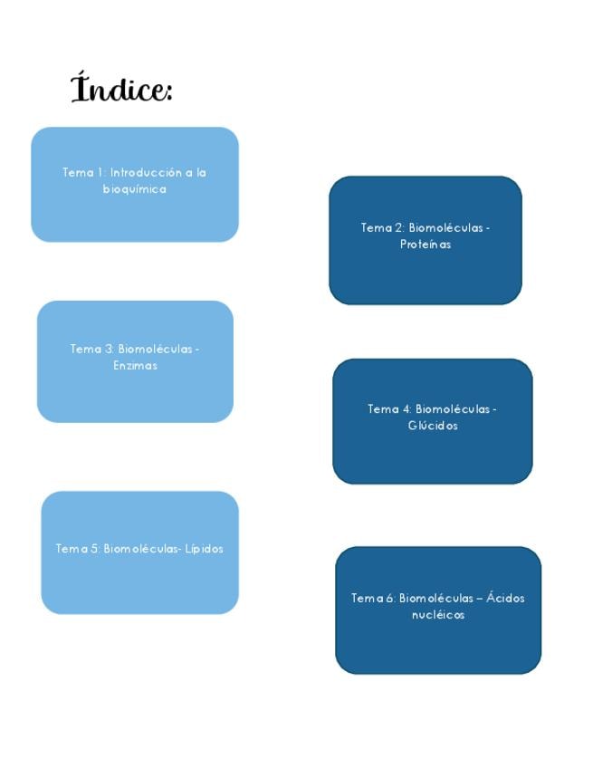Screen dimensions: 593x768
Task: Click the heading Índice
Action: click(121, 88)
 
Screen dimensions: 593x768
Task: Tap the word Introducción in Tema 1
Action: click(146, 172)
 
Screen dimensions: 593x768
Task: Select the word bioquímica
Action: click(135, 189)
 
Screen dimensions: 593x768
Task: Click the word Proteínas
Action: click(425, 244)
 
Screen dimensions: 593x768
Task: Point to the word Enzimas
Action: click(135, 365)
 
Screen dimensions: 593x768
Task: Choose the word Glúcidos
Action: click(433, 425)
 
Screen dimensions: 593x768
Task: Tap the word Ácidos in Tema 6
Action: click(505, 597)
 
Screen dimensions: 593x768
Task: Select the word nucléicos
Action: click(438, 615)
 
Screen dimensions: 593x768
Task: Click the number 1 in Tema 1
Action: click(100, 172)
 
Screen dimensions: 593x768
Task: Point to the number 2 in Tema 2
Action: click(399, 227)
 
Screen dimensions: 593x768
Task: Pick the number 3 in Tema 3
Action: click(110, 349)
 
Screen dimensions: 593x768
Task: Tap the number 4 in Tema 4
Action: click(406, 409)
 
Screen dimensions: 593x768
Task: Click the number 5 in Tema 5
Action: click(95, 549)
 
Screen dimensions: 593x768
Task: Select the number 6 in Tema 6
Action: click(390, 598)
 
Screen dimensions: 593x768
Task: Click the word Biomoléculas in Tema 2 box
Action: click(446, 227)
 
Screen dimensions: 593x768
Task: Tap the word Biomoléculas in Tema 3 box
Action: click(156, 349)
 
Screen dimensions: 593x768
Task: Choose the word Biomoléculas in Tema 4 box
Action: click(453, 409)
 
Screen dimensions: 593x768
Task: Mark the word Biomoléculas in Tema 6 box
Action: click(436, 598)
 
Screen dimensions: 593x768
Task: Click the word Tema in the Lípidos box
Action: click(72, 549)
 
